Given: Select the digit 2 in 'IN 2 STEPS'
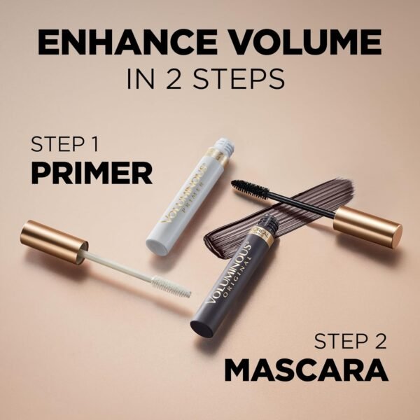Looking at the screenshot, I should coord(172,78).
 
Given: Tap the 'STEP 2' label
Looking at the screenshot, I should coord(350,342).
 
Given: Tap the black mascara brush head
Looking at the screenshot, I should coord(249,187).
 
